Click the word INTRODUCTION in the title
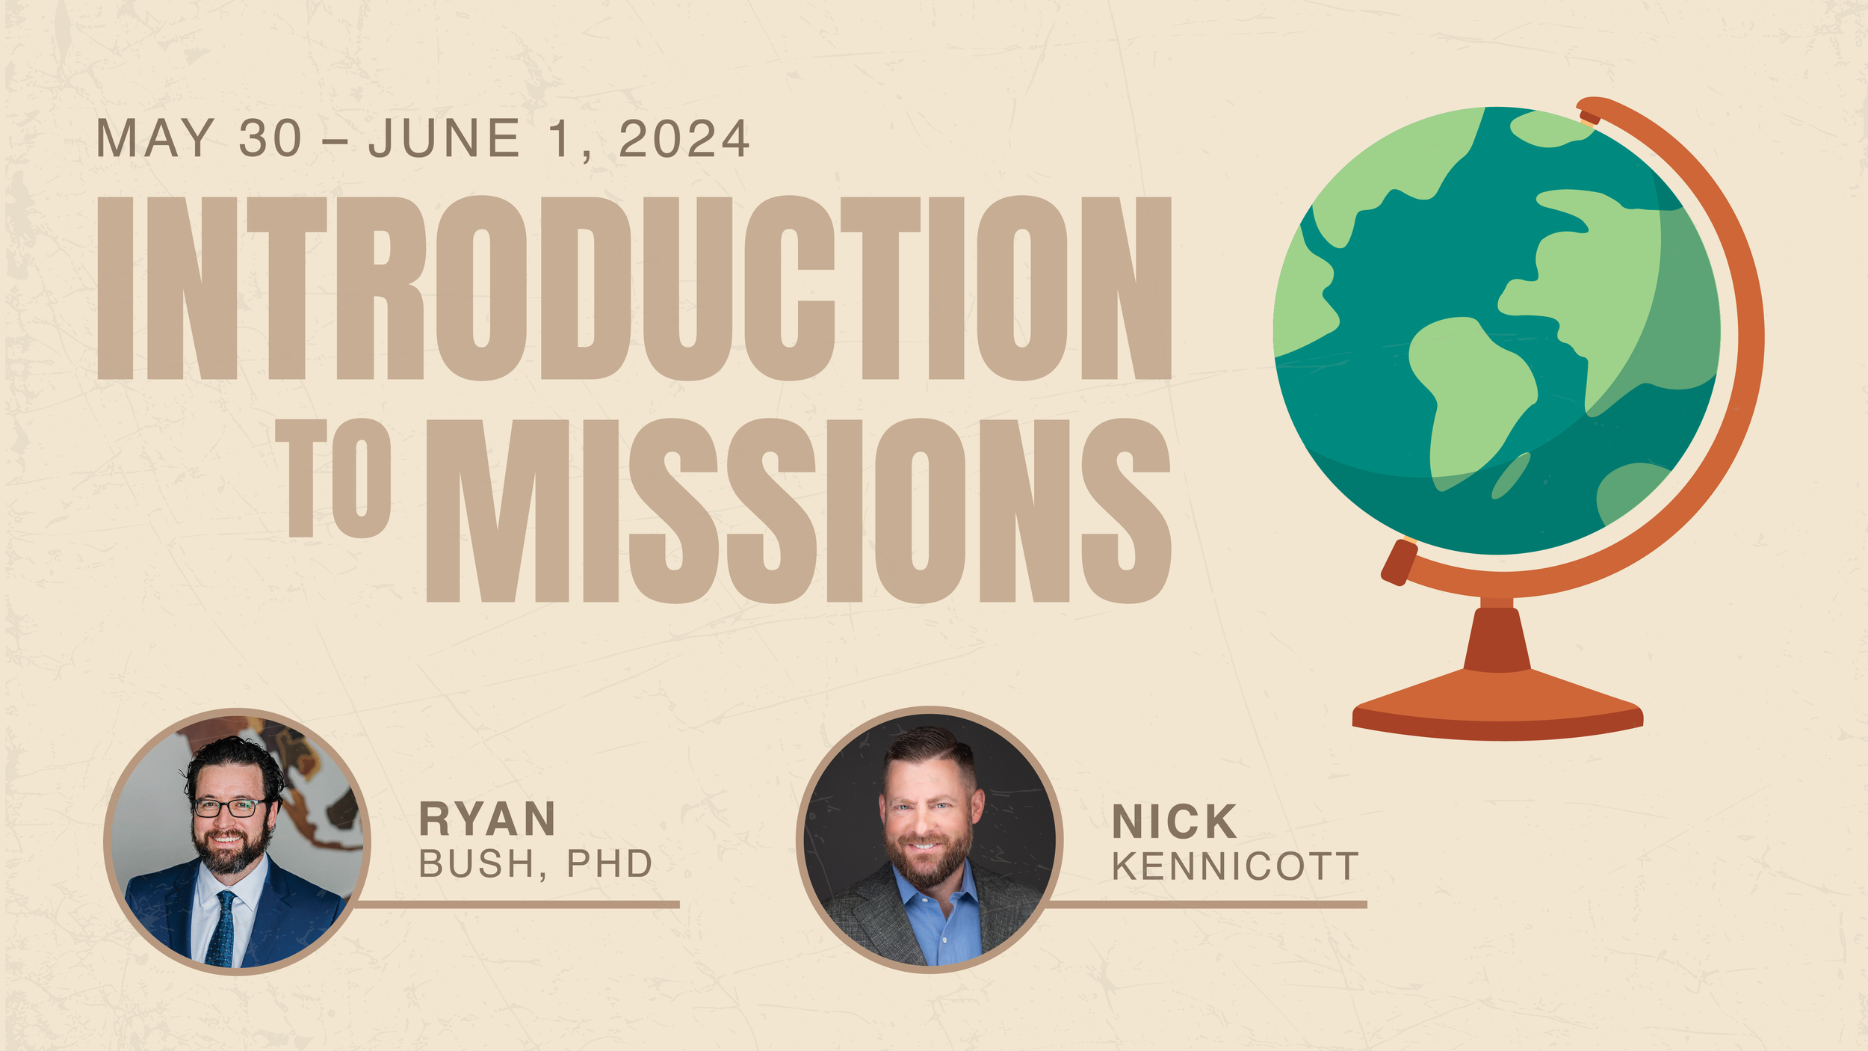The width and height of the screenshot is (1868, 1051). point(634,288)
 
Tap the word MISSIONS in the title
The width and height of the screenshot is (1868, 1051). point(797,511)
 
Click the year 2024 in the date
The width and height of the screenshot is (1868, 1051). point(683,140)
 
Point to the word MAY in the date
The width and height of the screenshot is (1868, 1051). point(155,139)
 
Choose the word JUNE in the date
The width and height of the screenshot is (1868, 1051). point(444,139)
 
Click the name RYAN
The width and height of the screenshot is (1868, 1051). point(487,819)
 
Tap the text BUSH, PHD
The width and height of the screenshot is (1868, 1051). point(535,864)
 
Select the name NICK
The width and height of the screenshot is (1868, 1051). point(1174,822)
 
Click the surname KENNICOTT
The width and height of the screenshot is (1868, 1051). point(1234,867)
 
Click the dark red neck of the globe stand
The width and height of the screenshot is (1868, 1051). point(1497,639)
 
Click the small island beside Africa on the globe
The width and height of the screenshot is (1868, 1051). point(1511,475)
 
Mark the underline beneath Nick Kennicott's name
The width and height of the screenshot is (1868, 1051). point(1207,904)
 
